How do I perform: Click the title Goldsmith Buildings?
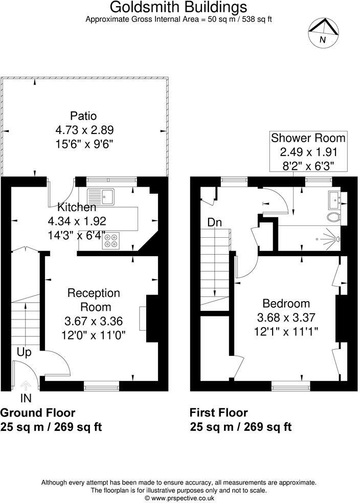click(179, 7)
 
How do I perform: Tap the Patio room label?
click(83, 116)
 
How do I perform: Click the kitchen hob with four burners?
click(111, 240)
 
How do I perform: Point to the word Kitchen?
click(77, 208)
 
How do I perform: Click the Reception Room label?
click(94, 300)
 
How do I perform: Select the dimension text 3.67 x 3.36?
click(94, 322)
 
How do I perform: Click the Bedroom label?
click(286, 303)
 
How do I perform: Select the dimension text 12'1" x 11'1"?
click(286, 331)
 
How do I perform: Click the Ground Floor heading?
click(38, 413)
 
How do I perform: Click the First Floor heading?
click(219, 413)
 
